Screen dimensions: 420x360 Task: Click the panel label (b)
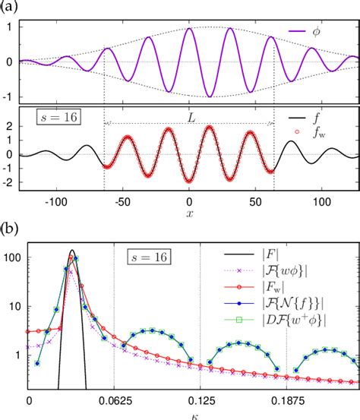coord(9,226)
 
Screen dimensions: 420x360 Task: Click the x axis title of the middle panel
coord(189,216)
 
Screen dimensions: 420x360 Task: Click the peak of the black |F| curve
coord(72,250)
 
